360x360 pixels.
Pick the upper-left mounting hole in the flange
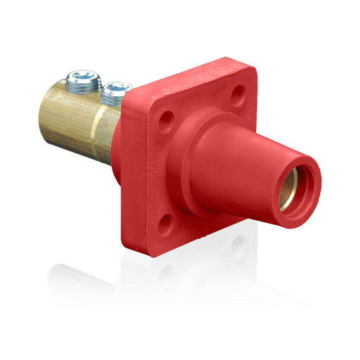[167, 115]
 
